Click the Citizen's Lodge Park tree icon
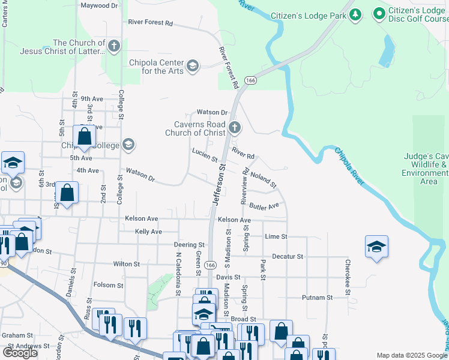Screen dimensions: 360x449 coord(355,14)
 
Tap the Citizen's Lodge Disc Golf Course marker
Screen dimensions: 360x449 coord(379,13)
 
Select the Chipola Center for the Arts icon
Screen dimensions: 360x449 coord(193,65)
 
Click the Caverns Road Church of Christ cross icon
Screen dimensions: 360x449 coord(235,128)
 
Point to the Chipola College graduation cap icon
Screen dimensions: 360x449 coord(127,145)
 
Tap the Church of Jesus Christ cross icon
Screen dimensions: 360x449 coord(114,46)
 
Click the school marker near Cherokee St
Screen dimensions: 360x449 coord(376,247)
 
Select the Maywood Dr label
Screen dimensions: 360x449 coord(99,5)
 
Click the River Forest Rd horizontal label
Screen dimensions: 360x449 coord(150,23)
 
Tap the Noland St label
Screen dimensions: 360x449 coord(263,178)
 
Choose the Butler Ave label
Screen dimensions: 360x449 coord(265,206)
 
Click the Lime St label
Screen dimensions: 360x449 coord(276,237)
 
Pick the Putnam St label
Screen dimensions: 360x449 coord(317,298)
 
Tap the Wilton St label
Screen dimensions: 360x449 coord(126,263)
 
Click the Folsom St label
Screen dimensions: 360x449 coord(108,286)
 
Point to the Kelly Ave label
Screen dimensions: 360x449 coord(148,232)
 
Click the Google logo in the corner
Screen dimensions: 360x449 coord(20,353)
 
